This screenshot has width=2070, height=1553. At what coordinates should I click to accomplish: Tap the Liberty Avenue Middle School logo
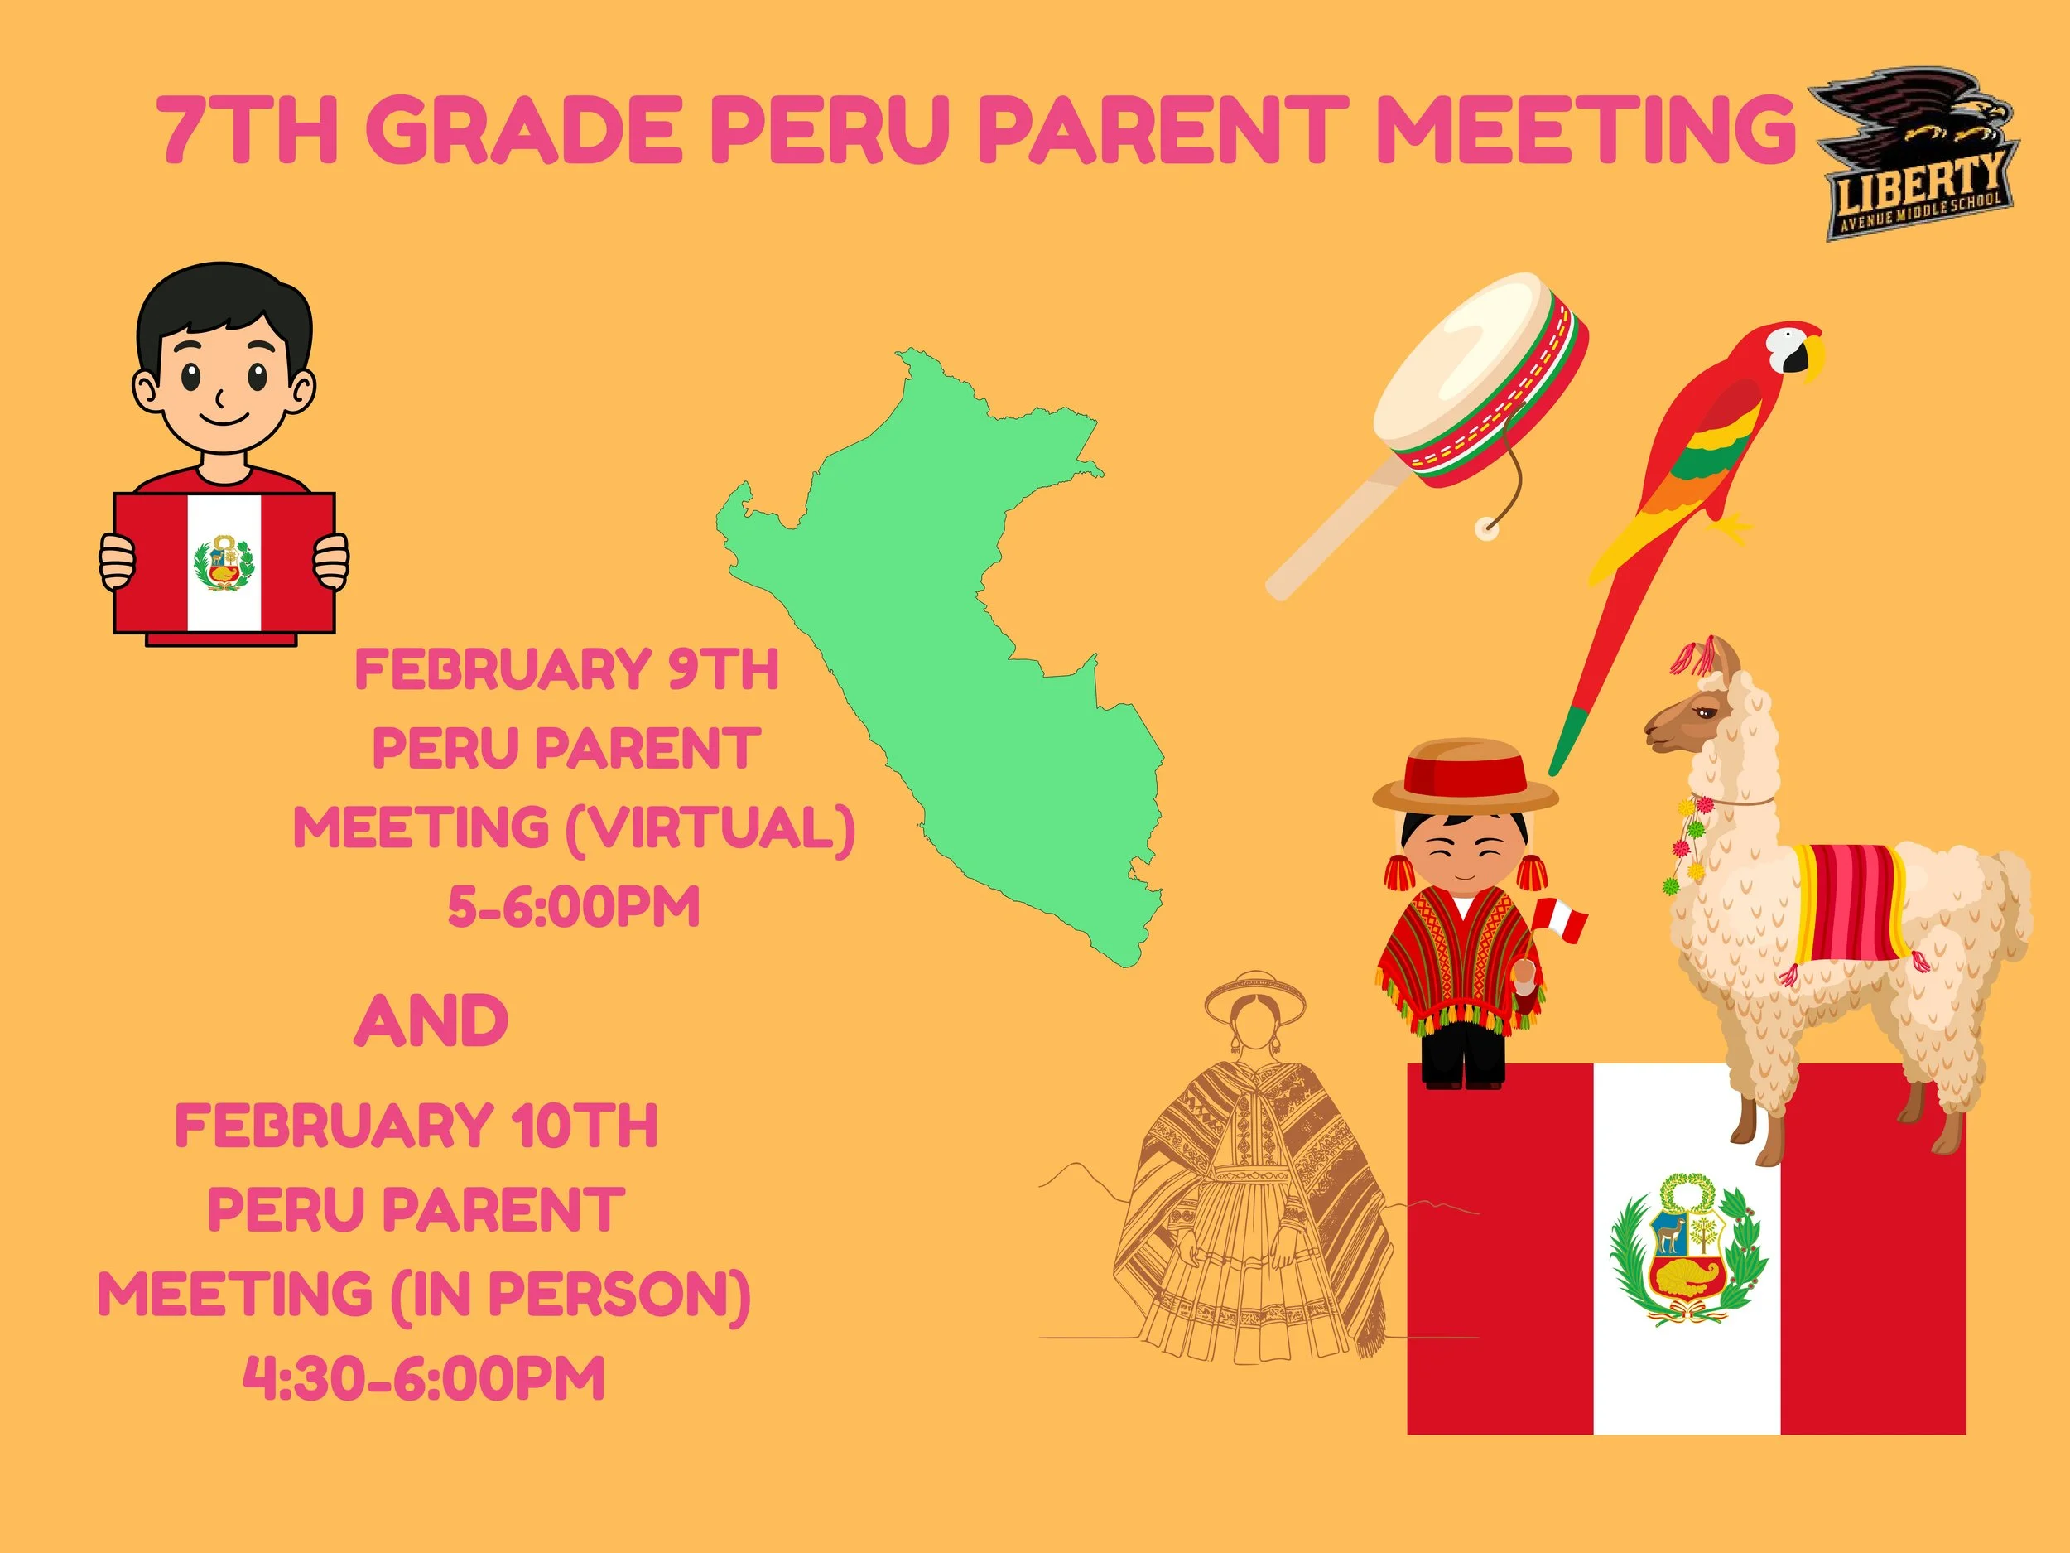click(1914, 154)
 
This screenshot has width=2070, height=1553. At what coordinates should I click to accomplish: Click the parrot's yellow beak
click(1813, 354)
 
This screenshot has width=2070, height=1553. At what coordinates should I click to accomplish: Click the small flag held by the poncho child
click(1562, 921)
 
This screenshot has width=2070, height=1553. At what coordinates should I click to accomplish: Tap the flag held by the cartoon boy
click(224, 562)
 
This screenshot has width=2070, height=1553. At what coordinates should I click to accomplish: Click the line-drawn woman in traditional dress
click(1254, 1179)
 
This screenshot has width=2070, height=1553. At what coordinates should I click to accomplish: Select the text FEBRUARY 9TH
click(566, 670)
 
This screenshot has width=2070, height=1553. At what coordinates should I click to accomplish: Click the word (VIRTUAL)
click(710, 829)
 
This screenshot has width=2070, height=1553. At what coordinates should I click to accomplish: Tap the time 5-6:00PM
click(574, 907)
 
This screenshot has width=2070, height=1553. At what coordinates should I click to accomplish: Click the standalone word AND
click(431, 1021)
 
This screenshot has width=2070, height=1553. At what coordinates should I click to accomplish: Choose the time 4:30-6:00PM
click(424, 1379)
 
